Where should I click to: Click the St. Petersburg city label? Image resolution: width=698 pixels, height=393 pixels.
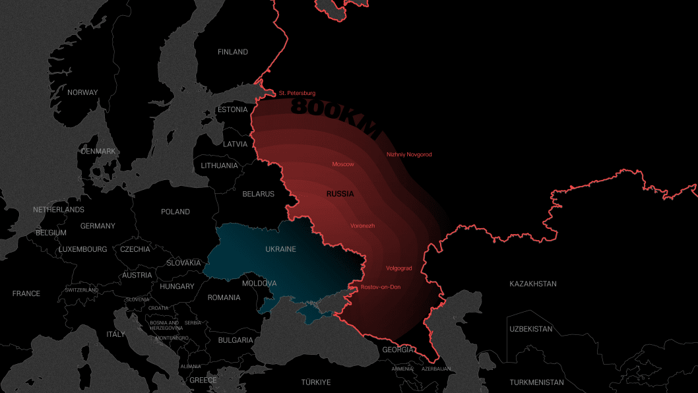[297, 93]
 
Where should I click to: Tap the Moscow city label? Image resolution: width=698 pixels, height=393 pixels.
[343, 164]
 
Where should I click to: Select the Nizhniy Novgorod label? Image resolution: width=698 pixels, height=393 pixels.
[409, 154]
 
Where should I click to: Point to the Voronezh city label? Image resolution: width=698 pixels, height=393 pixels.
[362, 226]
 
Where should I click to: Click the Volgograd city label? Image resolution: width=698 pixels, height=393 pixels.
[398, 268]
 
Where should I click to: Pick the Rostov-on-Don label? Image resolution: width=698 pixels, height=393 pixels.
[381, 287]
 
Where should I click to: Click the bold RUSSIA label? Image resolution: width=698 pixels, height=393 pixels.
[340, 194]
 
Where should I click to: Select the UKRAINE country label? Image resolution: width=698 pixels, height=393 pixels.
[280, 249]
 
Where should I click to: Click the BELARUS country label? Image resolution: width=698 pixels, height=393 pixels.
[258, 194]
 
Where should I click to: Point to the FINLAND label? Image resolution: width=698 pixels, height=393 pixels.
[233, 51]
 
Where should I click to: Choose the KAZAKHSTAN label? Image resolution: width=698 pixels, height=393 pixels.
[533, 284]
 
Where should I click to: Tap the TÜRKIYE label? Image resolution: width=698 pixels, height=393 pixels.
[316, 382]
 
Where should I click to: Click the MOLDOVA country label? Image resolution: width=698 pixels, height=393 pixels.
[259, 284]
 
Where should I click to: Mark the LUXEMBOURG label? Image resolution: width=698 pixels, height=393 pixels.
[82, 249]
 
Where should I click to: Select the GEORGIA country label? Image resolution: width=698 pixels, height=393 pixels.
[398, 349]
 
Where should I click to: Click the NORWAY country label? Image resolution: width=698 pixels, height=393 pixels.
[82, 92]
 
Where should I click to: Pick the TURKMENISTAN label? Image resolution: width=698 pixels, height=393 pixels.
[537, 382]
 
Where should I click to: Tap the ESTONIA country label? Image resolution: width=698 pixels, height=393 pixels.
[233, 109]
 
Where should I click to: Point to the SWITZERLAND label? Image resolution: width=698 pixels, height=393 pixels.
[82, 290]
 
